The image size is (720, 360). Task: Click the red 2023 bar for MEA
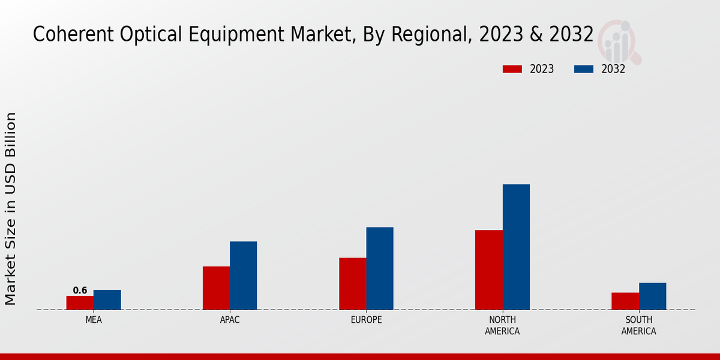tap(80, 302)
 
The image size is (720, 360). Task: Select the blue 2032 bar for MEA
tap(107, 299)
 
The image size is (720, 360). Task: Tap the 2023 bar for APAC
tap(216, 288)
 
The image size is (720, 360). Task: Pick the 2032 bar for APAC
tap(243, 275)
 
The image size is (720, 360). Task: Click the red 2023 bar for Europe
tap(352, 284)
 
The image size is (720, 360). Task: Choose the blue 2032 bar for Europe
tap(380, 268)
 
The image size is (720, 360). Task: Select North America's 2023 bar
tap(488, 270)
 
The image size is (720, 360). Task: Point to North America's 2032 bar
tap(516, 247)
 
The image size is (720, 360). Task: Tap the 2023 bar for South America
tap(625, 301)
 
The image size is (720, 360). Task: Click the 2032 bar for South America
tap(652, 296)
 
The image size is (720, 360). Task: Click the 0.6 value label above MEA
tap(80, 290)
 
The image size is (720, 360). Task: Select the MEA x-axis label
tap(94, 320)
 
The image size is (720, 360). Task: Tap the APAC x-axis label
tap(230, 320)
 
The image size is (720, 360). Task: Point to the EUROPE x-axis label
tap(366, 320)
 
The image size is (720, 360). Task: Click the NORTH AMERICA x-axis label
tap(502, 325)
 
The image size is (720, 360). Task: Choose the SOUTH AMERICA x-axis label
tap(638, 325)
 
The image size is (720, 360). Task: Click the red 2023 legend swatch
tap(512, 69)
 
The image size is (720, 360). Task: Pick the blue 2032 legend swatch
tap(583, 69)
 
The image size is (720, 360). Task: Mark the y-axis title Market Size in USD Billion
tap(11, 208)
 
